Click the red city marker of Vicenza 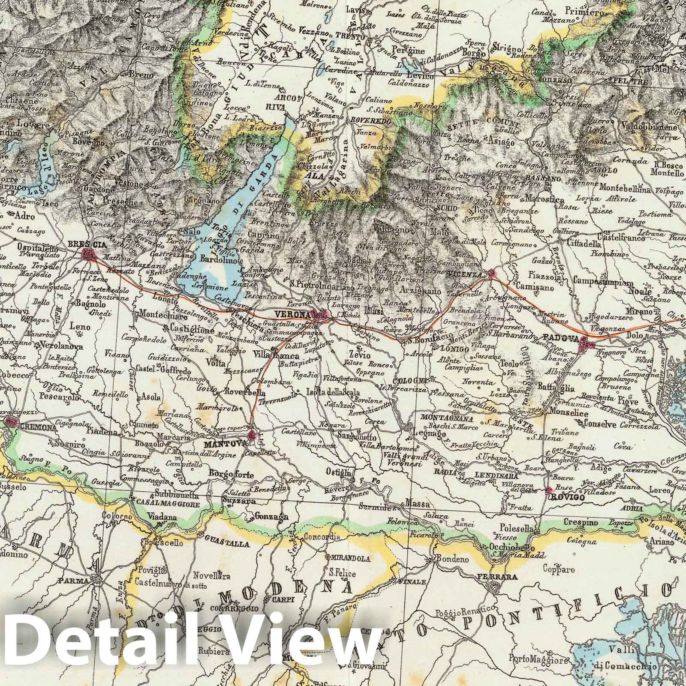tap(492, 274)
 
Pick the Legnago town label tap(427, 434)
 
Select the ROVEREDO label tap(370, 121)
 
